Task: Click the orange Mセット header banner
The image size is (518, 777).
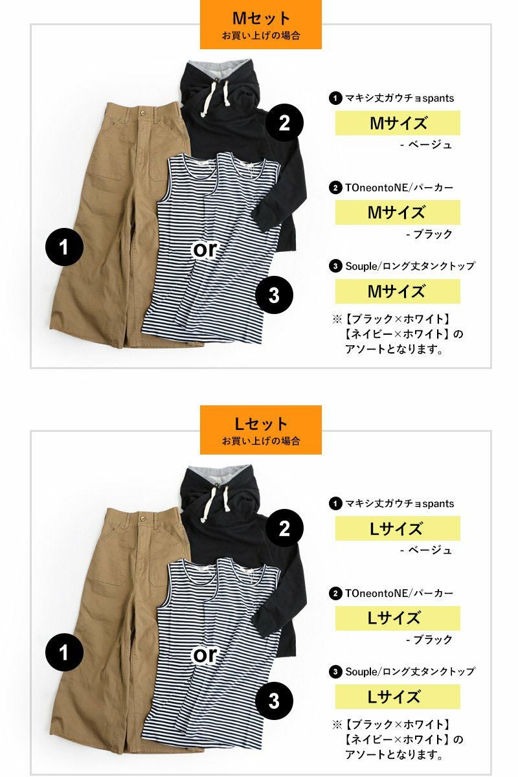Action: click(x=260, y=25)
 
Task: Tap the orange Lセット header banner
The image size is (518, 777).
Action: click(x=260, y=429)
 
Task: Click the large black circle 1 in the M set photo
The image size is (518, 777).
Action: click(x=64, y=247)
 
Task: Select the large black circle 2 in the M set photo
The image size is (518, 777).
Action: click(x=284, y=123)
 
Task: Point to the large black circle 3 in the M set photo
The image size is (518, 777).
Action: click(x=274, y=295)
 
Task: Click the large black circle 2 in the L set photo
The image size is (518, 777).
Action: click(x=284, y=528)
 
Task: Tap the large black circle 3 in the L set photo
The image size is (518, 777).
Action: click(x=274, y=701)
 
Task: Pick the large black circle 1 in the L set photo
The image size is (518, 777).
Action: click(x=64, y=652)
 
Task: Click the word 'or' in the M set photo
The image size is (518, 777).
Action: click(x=205, y=250)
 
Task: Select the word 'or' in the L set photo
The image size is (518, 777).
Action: click(x=205, y=655)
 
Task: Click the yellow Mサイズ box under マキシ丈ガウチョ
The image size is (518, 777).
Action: click(x=398, y=123)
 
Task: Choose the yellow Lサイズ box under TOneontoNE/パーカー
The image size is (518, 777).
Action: click(x=398, y=618)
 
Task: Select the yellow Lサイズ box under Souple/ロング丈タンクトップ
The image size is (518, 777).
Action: click(x=398, y=697)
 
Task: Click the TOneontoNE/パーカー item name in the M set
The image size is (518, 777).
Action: click(x=399, y=188)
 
